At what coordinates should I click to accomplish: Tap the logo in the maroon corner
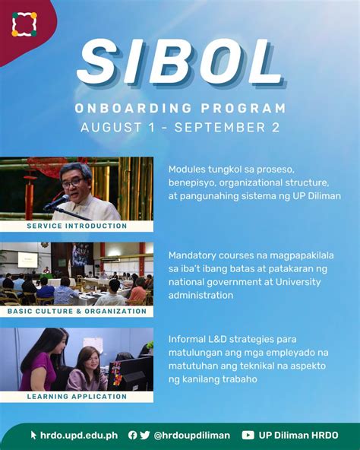(24, 24)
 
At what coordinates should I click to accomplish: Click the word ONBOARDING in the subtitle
(134, 109)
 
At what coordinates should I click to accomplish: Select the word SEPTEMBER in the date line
(220, 128)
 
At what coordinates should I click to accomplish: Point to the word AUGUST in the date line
(111, 128)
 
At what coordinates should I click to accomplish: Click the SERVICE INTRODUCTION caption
(77, 226)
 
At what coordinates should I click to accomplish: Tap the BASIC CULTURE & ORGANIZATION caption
(77, 312)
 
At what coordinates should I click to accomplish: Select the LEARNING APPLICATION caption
(77, 397)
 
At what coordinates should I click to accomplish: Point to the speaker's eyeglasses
(73, 182)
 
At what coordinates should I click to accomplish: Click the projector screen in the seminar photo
(27, 260)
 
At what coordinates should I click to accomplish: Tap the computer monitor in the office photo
(131, 373)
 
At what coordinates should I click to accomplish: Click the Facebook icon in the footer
(132, 435)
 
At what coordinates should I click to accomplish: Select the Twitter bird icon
(145, 435)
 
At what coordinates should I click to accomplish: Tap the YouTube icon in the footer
(248, 436)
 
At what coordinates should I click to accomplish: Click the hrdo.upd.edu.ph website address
(79, 436)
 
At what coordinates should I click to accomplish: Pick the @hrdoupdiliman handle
(192, 436)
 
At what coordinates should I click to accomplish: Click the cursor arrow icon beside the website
(33, 435)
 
